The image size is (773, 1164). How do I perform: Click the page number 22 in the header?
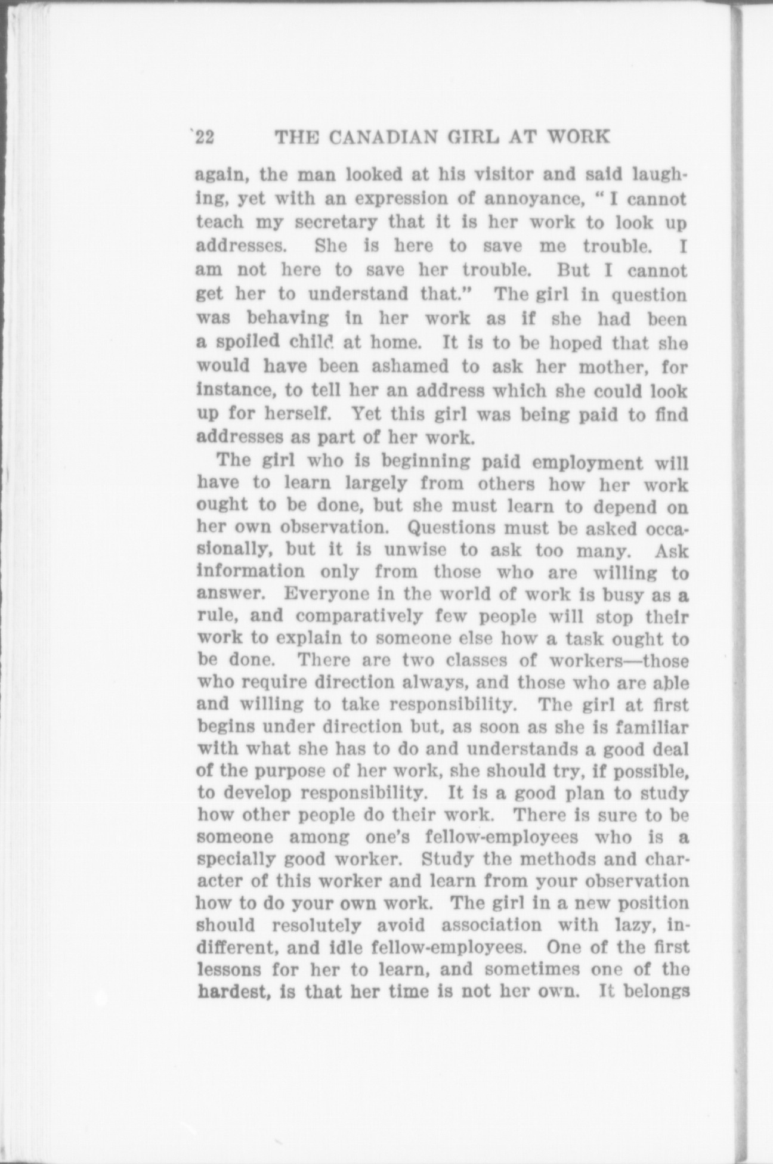click(205, 138)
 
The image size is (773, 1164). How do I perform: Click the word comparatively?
click(359, 616)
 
